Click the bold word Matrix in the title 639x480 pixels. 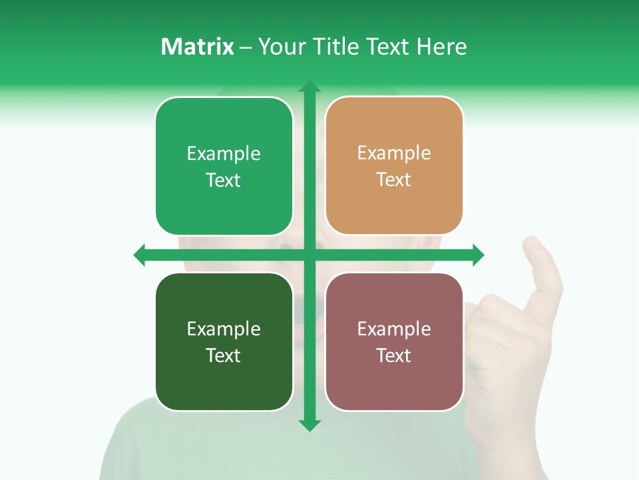point(197,47)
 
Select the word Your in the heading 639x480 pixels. point(280,47)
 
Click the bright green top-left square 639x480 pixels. point(224,166)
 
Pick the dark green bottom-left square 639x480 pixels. point(224,341)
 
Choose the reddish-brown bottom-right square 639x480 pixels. point(394,341)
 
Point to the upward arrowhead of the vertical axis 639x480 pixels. point(309,87)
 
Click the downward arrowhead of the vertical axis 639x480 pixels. point(309,425)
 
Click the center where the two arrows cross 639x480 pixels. point(309,255)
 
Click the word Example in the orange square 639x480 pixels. point(394,153)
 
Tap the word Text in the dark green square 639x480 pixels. point(224,355)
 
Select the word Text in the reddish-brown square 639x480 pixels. point(394,355)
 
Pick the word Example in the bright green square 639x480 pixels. point(224,153)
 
